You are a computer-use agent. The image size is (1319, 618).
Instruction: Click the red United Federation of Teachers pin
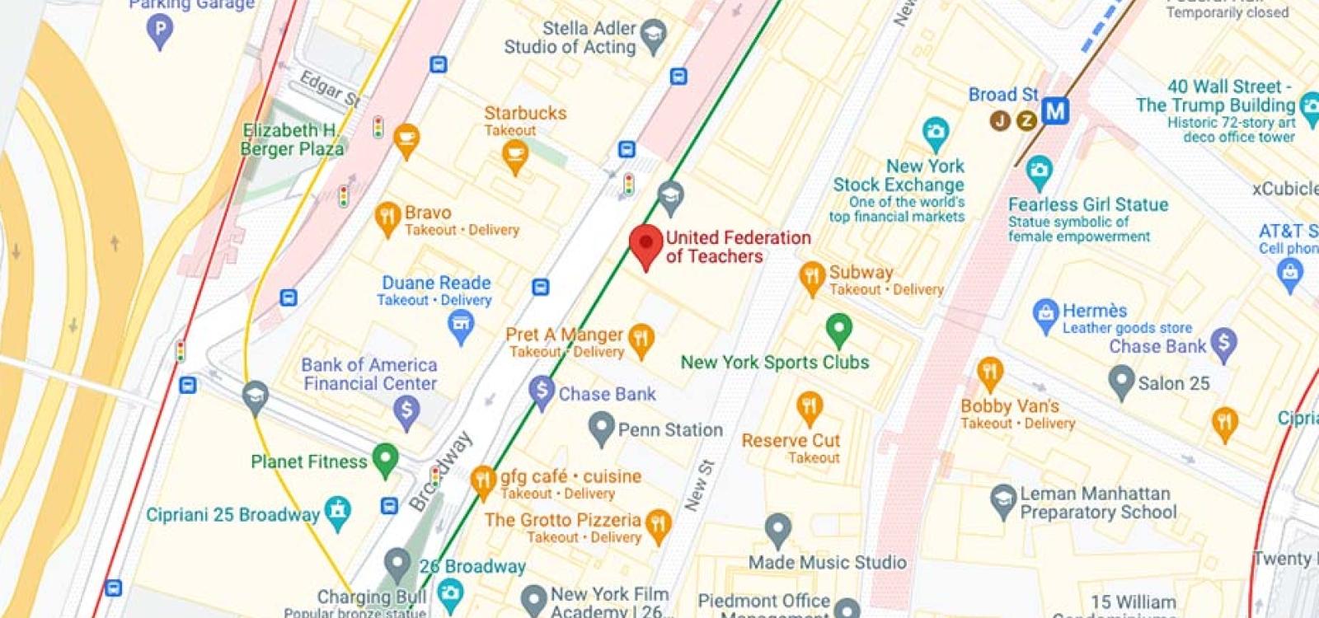[x=646, y=243]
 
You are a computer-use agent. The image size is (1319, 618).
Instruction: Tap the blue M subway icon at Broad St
[x=1054, y=110]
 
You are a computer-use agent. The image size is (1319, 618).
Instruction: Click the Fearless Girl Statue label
[x=1088, y=204]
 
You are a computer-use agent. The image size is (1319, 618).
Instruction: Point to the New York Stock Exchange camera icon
[x=935, y=131]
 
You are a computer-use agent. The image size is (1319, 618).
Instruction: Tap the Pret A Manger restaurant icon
[x=641, y=338]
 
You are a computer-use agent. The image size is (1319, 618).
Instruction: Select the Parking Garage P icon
[x=159, y=31]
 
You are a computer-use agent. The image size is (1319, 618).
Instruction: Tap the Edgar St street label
[x=330, y=88]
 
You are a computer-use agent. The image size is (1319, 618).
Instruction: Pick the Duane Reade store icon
[x=461, y=326]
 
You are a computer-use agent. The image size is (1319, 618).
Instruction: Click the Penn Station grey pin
[x=602, y=427]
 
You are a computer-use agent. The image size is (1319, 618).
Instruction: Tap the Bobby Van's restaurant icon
[x=989, y=372]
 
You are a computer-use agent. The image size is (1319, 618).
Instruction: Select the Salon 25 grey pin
[x=1121, y=381]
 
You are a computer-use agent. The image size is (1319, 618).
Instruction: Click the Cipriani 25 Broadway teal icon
[x=337, y=512]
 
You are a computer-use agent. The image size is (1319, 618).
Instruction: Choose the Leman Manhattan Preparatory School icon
[x=1003, y=499]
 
